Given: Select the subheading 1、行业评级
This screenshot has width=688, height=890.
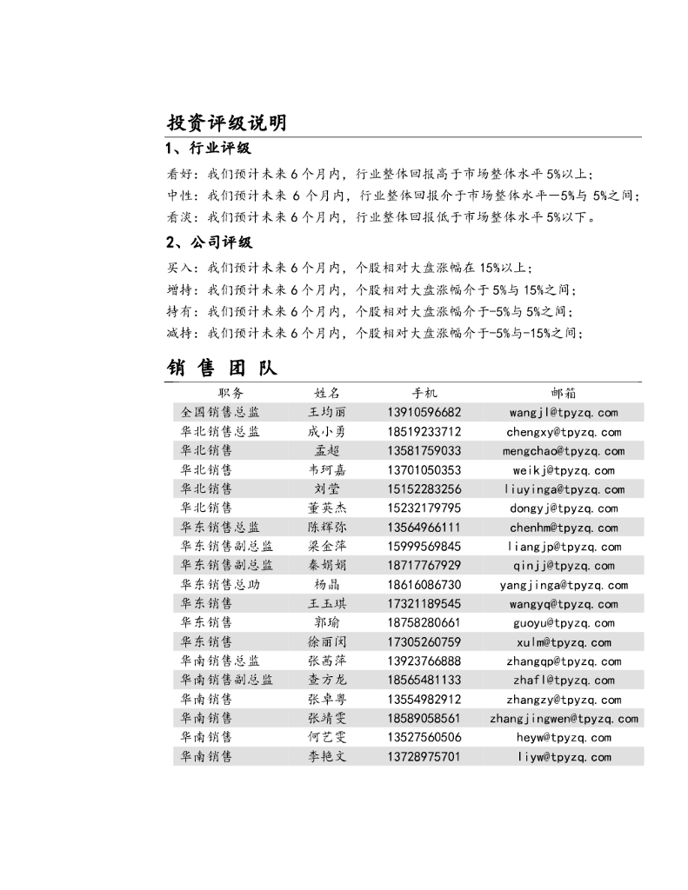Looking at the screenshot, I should click(208, 149).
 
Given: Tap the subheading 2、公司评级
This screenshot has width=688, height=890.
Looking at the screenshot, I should click(209, 242).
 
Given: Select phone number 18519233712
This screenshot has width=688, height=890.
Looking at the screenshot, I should click(424, 431).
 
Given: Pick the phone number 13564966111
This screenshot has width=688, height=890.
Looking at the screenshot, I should click(424, 528).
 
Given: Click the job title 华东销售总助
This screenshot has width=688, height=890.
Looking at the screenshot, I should click(220, 585).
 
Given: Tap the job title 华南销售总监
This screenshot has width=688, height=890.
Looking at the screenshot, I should click(220, 661).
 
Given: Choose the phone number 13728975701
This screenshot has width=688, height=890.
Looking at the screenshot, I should click(424, 757).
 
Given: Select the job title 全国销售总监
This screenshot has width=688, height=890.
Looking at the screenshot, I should click(220, 412).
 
